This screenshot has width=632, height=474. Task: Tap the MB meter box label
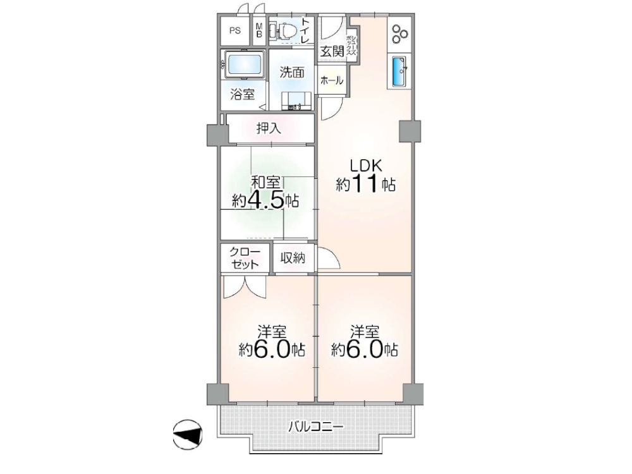coord(259,30)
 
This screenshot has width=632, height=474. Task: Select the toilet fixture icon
coord(283,30)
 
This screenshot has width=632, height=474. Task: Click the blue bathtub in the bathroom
coord(243,64)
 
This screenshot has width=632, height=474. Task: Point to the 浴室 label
coord(242,95)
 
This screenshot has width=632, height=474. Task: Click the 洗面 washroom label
coord(292,72)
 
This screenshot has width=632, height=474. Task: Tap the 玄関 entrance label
coord(331,51)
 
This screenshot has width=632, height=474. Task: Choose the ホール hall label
coord(331,80)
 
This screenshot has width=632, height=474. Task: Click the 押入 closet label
coord(269,129)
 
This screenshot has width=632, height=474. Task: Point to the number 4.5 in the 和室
coord(265,200)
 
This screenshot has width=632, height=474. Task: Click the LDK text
coord(367,166)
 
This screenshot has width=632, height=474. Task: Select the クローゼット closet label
coord(244,258)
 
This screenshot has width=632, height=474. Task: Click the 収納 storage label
coord(293,258)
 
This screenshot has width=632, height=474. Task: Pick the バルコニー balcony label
coord(316,427)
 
